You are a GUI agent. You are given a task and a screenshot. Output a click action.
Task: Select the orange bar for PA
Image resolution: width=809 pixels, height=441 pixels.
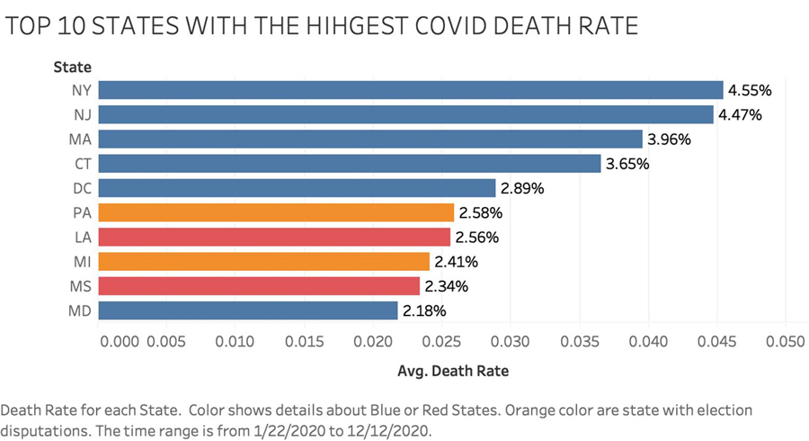[276, 212]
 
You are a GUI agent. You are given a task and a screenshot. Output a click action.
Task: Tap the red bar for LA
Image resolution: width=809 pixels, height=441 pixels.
[274, 237]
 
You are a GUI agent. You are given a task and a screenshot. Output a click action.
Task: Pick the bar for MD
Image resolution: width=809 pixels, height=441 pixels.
[248, 310]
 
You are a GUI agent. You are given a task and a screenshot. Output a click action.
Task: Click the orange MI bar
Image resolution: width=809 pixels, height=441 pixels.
[264, 262]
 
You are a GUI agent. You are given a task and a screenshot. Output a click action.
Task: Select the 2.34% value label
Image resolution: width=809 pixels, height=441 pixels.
[448, 286]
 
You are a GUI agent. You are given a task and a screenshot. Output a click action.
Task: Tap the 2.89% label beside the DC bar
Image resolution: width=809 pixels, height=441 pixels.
[523, 188]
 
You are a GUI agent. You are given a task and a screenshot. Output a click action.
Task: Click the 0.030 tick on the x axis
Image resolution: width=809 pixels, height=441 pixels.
[511, 342]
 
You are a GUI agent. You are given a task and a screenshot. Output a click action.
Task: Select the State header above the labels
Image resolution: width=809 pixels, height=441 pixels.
[72, 66]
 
